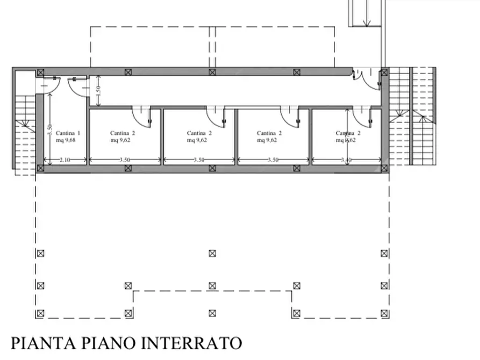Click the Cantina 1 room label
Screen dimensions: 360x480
click(x=68, y=133)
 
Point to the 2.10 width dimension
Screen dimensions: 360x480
click(x=65, y=160)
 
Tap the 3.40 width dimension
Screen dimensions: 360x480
click(x=346, y=160)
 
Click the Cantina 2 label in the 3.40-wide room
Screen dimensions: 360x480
click(x=348, y=133)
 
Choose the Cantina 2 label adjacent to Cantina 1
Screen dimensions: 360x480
click(x=123, y=133)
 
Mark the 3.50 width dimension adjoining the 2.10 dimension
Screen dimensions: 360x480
click(x=125, y=160)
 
